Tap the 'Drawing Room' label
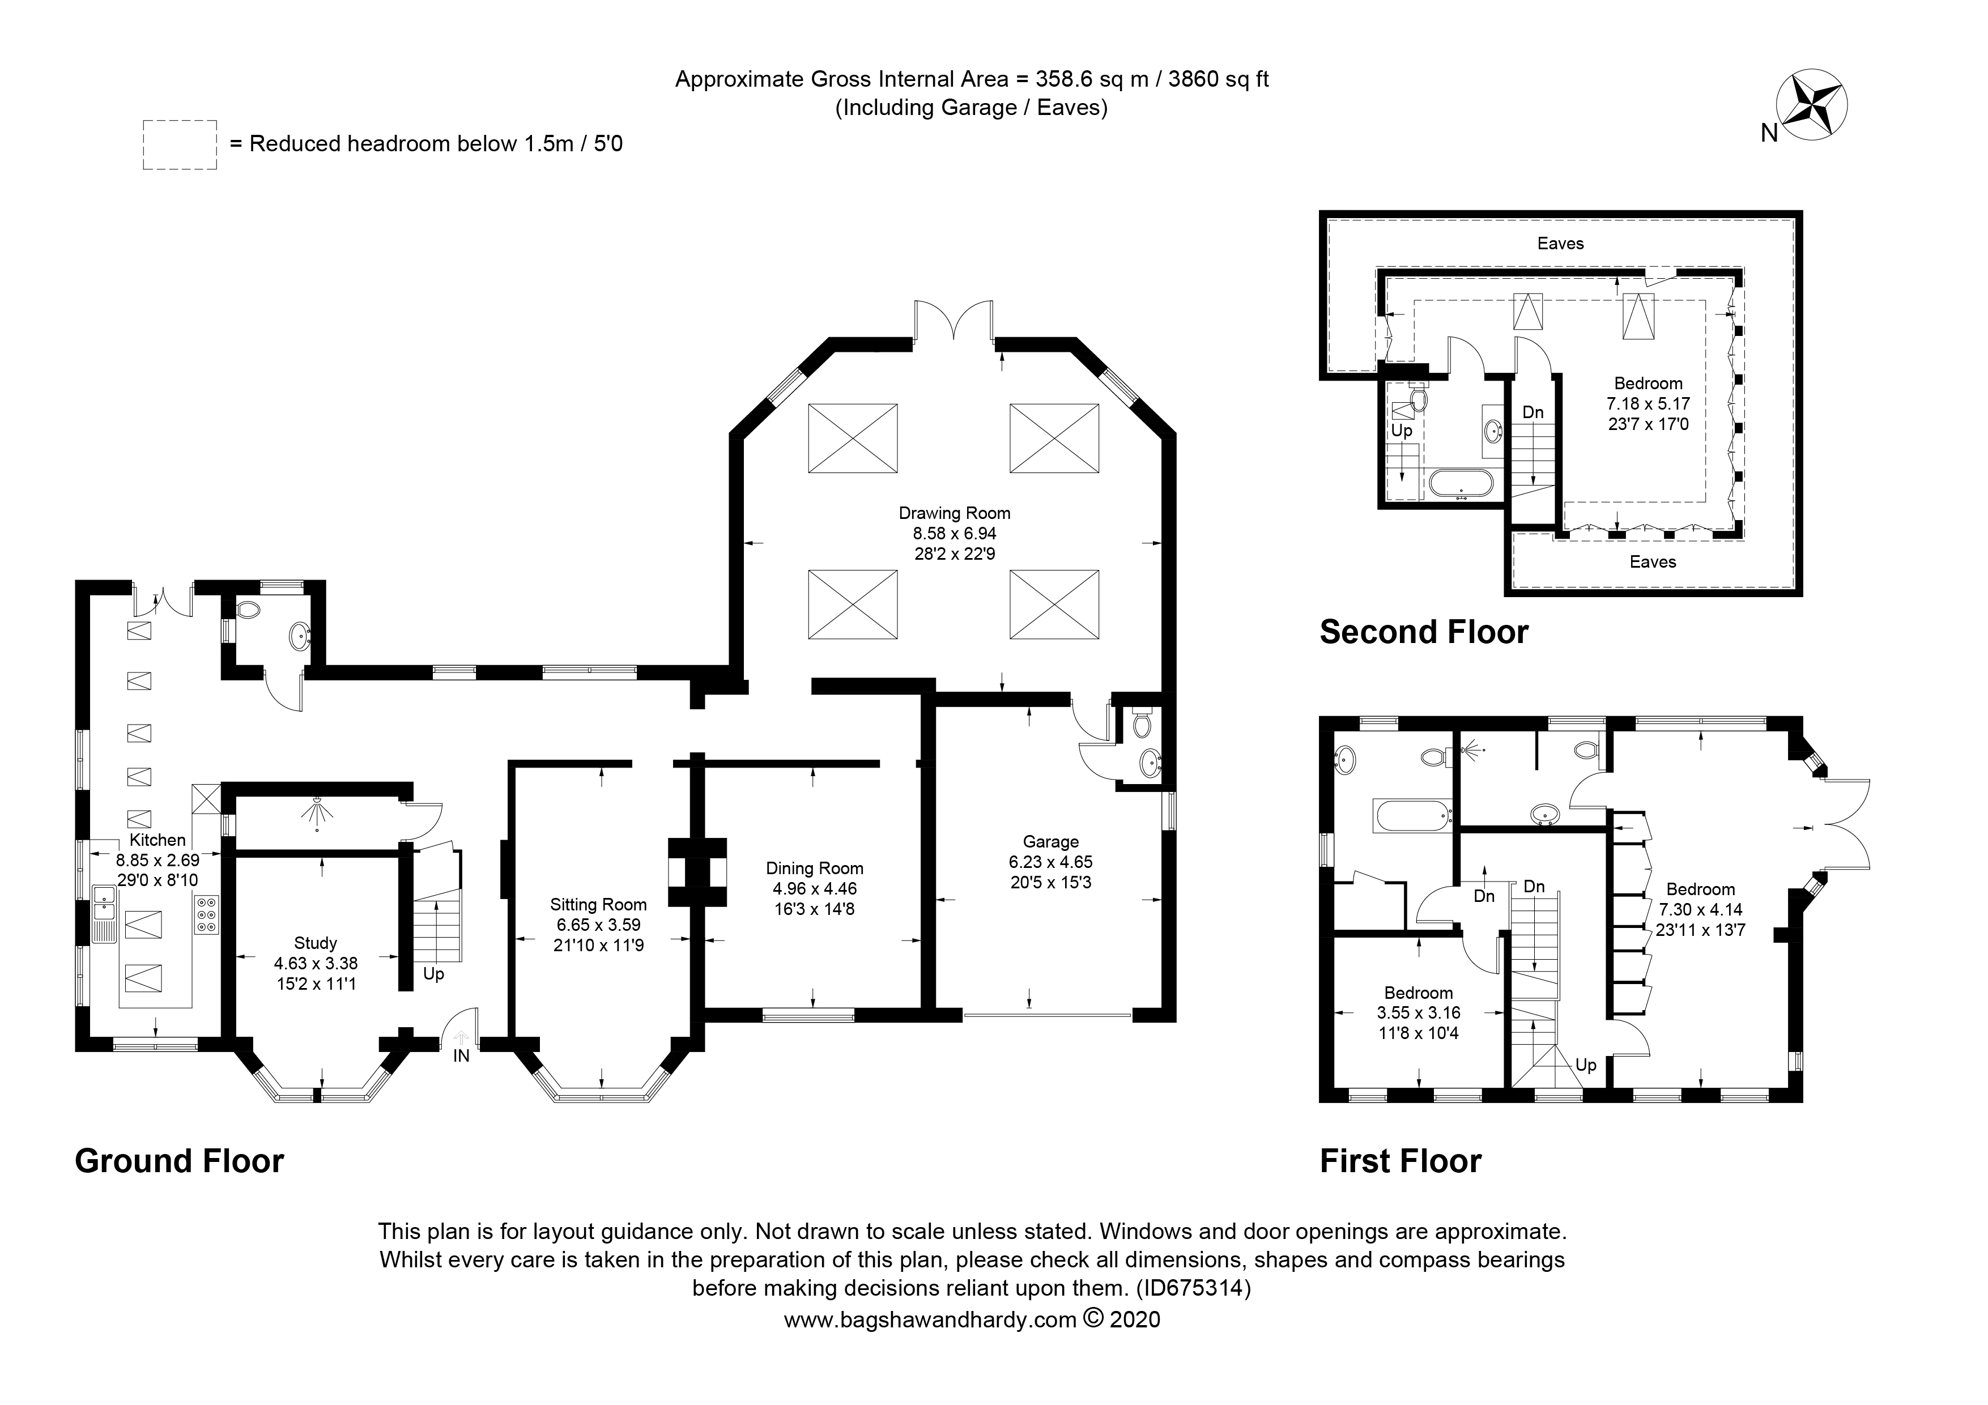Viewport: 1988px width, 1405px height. click(954, 513)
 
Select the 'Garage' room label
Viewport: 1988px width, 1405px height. click(1050, 841)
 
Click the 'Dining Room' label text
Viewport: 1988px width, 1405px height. click(815, 868)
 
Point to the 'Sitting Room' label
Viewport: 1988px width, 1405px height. click(598, 905)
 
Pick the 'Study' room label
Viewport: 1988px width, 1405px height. click(315, 943)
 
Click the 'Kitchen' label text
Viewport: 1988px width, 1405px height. click(157, 840)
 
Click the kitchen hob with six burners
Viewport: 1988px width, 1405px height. click(208, 915)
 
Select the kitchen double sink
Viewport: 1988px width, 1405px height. click(104, 913)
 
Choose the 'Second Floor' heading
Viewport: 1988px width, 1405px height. click(1424, 632)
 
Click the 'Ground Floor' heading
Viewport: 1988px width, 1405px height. click(179, 1161)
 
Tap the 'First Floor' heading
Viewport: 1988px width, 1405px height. click(1400, 1161)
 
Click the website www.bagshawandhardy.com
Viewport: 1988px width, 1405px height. click(929, 1344)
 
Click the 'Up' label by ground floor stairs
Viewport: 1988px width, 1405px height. click(434, 974)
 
